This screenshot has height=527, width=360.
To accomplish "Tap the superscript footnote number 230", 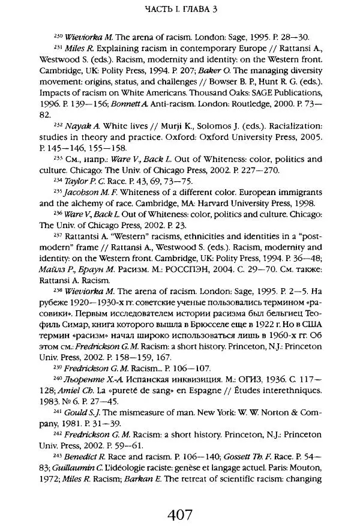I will pyautogui.click(x=58, y=35).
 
